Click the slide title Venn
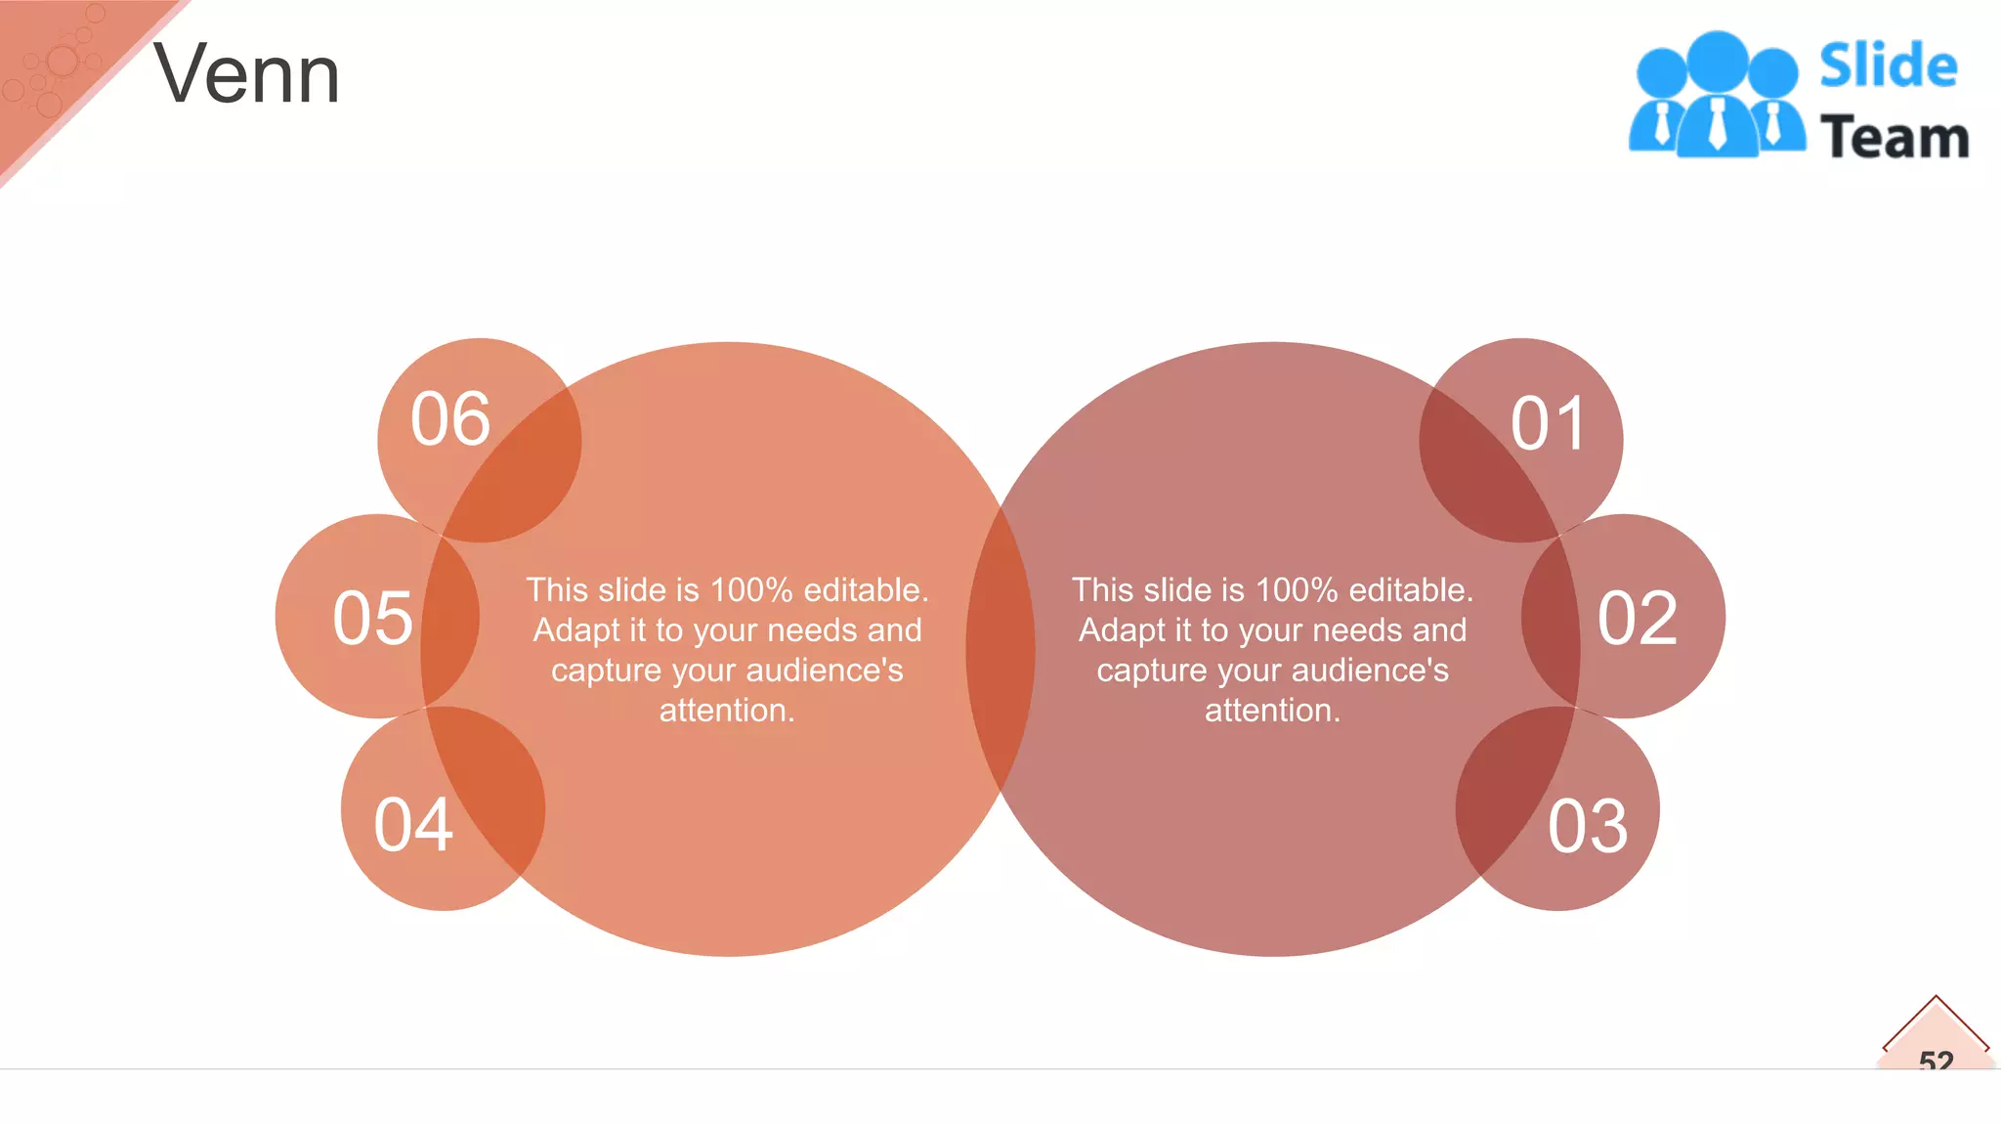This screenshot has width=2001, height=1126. point(246,74)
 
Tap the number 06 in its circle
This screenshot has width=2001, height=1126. point(449,419)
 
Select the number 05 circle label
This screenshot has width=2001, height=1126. point(372,618)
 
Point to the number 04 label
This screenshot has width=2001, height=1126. point(413,825)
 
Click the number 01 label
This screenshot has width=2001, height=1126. point(1548,424)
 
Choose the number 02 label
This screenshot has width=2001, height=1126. point(1638,618)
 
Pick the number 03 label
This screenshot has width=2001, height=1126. point(1588,827)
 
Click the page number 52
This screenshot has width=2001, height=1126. point(1936,1060)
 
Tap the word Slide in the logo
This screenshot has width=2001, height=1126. point(1888,66)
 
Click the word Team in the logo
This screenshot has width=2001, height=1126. point(1895,137)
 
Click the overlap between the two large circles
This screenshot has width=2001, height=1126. point(1000,649)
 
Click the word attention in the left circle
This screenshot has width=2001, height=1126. point(726,711)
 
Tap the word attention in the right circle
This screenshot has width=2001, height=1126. point(1271,711)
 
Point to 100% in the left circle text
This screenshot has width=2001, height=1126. point(751,590)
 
